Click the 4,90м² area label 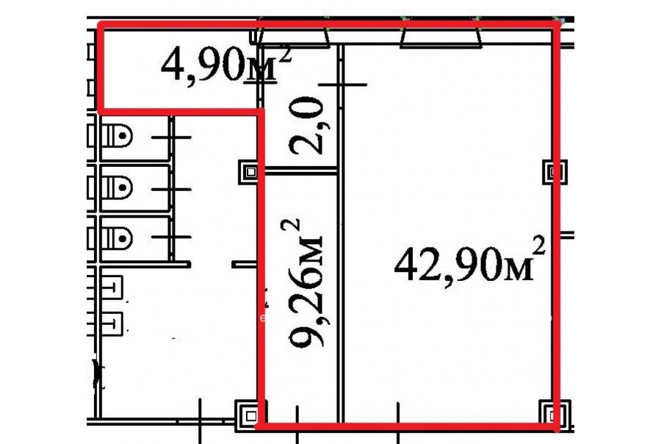pos(226,65)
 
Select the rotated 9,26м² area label pos(303,283)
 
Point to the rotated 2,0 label pos(306,126)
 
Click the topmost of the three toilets pos(117,135)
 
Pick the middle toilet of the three pos(117,187)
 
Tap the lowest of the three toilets pos(117,238)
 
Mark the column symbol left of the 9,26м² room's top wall pos(251,172)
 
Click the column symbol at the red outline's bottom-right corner pos(555,416)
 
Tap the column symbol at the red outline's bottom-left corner pos(250,416)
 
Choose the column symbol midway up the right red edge pos(555,171)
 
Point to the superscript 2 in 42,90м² pos(539,246)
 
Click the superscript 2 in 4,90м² pos(285,54)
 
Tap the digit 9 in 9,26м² pos(306,332)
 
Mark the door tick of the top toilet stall pos(171,137)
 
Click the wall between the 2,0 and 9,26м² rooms pos(300,171)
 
